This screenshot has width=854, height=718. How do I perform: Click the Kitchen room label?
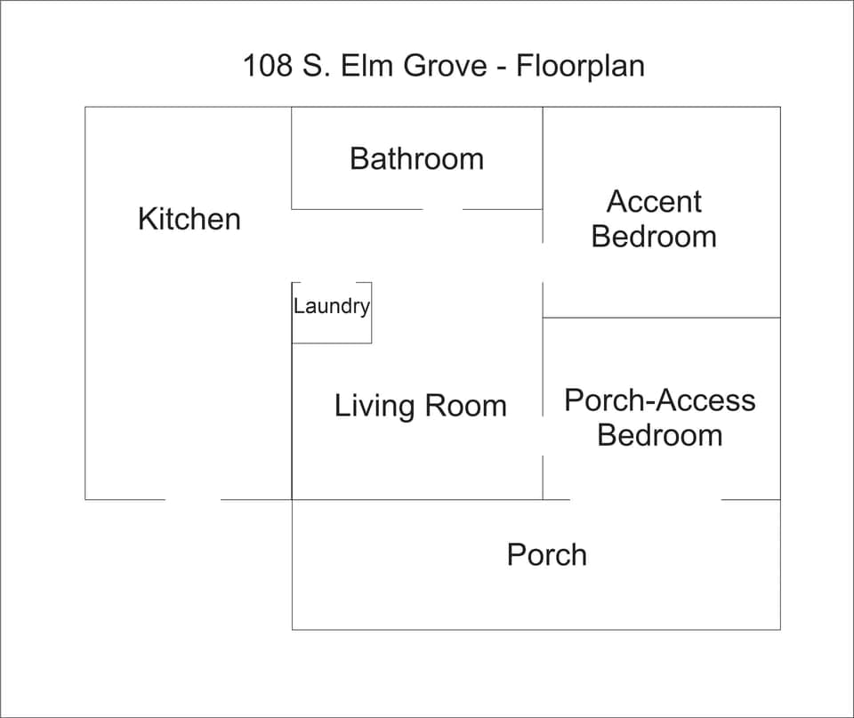(189, 219)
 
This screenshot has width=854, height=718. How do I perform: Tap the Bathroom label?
(416, 158)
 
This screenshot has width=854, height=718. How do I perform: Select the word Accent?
(654, 202)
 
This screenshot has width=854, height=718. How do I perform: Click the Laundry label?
(331, 307)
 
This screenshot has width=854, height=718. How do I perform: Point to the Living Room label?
(420, 406)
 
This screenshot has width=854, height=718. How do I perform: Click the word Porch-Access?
(659, 400)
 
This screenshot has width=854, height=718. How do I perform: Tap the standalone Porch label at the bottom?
(546, 554)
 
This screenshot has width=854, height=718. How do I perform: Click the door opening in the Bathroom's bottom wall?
(442, 209)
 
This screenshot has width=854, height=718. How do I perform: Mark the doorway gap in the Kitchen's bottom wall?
(193, 499)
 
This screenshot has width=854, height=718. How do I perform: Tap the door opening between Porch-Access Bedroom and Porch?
(645, 499)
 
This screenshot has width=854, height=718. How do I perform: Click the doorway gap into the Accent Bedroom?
(543, 262)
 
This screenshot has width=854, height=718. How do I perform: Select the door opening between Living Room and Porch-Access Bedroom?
(543, 436)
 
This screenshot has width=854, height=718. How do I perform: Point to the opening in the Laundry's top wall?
(330, 283)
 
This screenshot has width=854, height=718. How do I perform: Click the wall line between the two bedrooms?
(661, 318)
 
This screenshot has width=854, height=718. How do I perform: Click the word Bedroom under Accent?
(654, 237)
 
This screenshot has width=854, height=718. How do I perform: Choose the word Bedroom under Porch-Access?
(659, 435)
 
